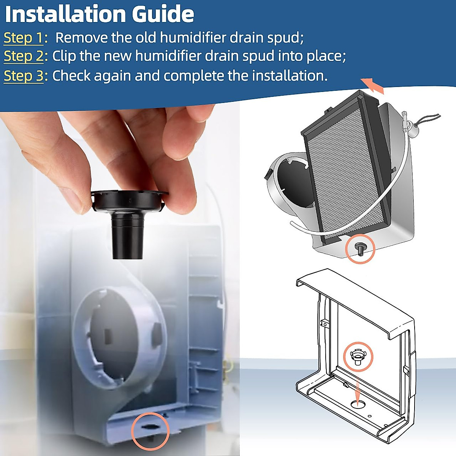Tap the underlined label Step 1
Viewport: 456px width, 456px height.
[x=24, y=38]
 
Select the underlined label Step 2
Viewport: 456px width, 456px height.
[x=24, y=56]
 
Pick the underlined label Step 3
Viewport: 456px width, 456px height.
[x=24, y=76]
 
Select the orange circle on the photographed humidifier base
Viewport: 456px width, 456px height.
[x=150, y=431]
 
